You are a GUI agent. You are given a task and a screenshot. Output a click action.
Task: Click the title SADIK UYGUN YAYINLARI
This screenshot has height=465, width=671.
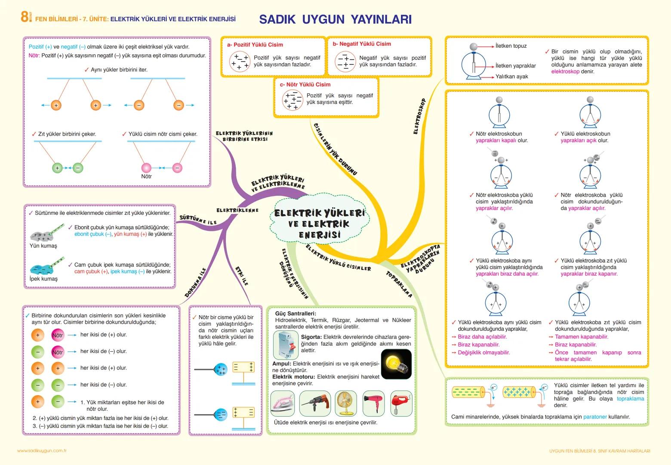pos(335,19)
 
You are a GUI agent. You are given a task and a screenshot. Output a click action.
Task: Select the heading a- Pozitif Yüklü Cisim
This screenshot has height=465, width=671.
pos(255,45)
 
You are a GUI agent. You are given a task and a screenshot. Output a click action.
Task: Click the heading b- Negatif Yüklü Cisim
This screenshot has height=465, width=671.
pos(362,44)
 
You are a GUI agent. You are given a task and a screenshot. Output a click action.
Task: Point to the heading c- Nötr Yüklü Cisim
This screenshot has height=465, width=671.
pos(305,84)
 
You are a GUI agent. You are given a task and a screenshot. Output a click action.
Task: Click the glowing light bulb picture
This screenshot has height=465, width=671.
pos(396,364)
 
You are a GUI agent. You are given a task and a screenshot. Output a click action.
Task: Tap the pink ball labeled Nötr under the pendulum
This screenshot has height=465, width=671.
pos(146,168)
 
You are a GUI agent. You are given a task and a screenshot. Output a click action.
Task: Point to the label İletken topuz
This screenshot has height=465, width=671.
pos(511,46)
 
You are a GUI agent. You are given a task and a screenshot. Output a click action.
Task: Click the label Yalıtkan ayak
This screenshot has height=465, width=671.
pos(512,77)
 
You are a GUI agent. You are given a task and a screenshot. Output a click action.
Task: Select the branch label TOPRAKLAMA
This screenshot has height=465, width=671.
pos(399,284)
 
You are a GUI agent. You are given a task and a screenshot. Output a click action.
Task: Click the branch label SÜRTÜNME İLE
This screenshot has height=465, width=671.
pos(198,220)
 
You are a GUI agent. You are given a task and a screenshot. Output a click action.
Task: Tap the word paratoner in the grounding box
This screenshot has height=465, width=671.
pos(595,417)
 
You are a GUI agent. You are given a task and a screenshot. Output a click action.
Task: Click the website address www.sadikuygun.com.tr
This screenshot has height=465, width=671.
pos(42,451)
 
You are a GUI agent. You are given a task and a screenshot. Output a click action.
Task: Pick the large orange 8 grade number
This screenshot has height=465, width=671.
pos(25,17)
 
